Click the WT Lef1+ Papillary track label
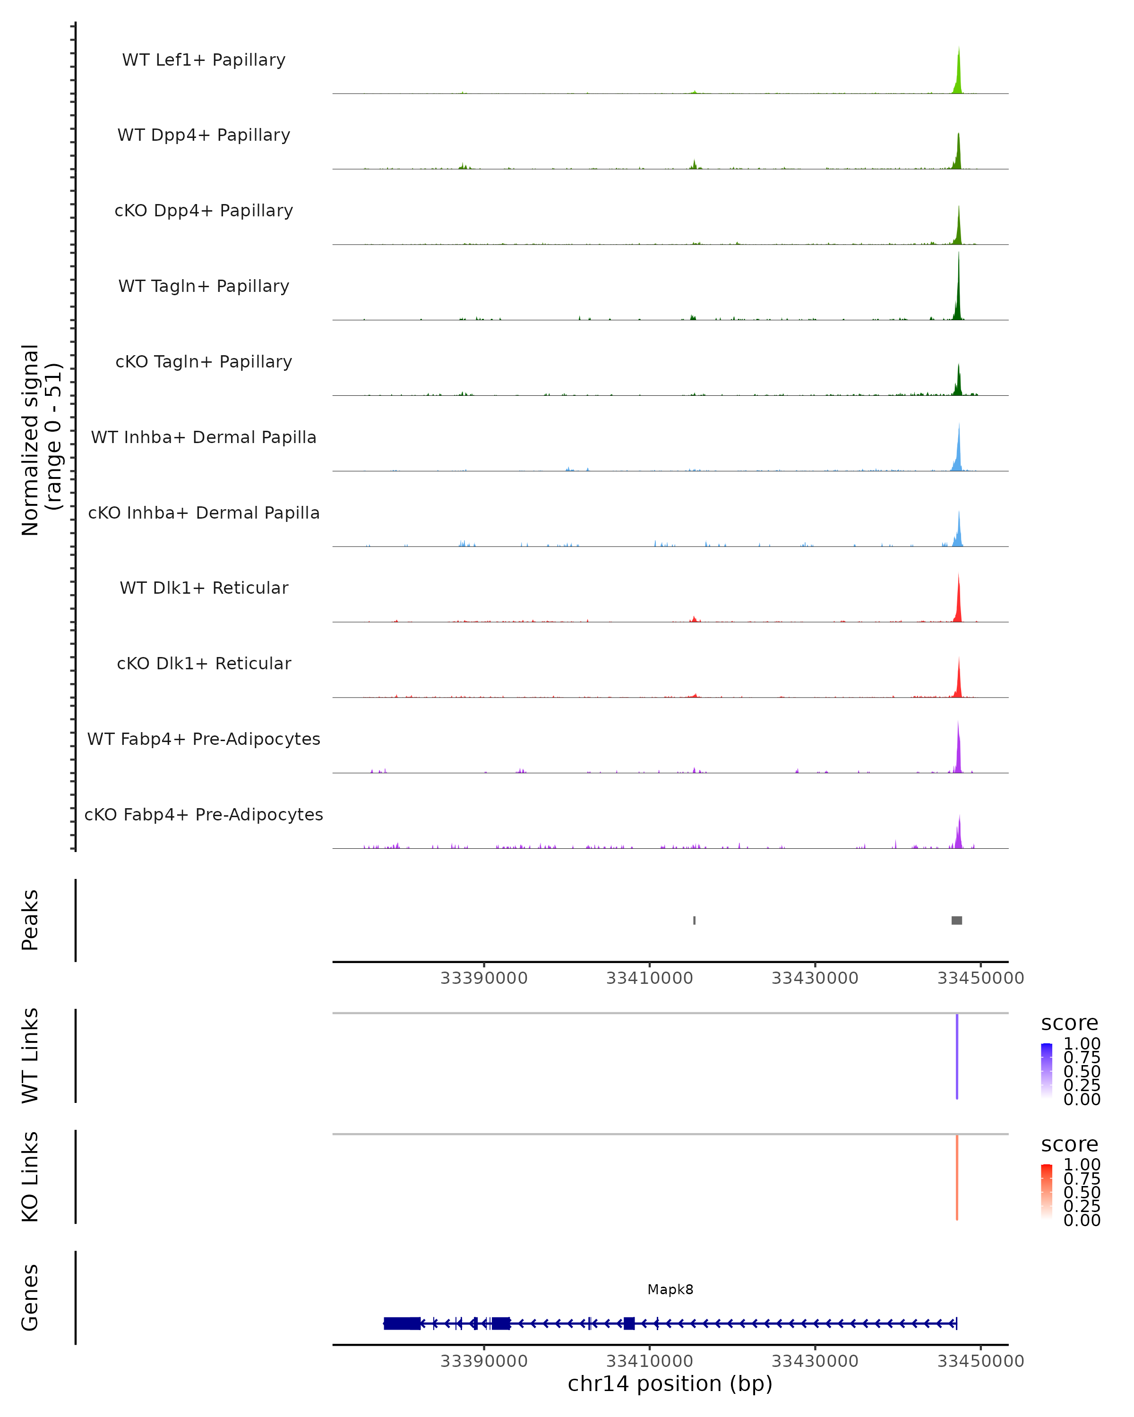(x=204, y=60)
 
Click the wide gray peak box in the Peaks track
(x=956, y=920)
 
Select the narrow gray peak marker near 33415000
(x=694, y=920)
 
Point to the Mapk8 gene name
(x=670, y=1289)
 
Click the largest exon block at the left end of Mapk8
(x=402, y=1323)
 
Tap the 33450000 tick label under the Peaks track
(x=980, y=978)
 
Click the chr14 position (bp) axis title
(x=670, y=1383)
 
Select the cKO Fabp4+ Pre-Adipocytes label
(x=204, y=814)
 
